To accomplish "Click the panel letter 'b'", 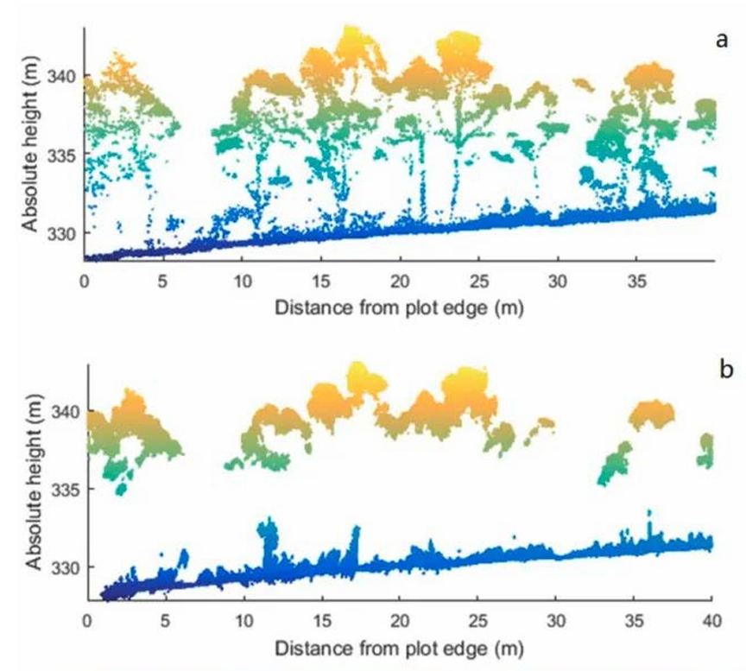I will (725, 370).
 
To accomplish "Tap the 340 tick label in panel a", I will (66, 76).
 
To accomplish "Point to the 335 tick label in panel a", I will (66, 155).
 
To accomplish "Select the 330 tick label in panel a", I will (66, 233).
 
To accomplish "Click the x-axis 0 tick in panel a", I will (84, 282).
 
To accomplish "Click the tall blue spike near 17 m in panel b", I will (353, 553).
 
